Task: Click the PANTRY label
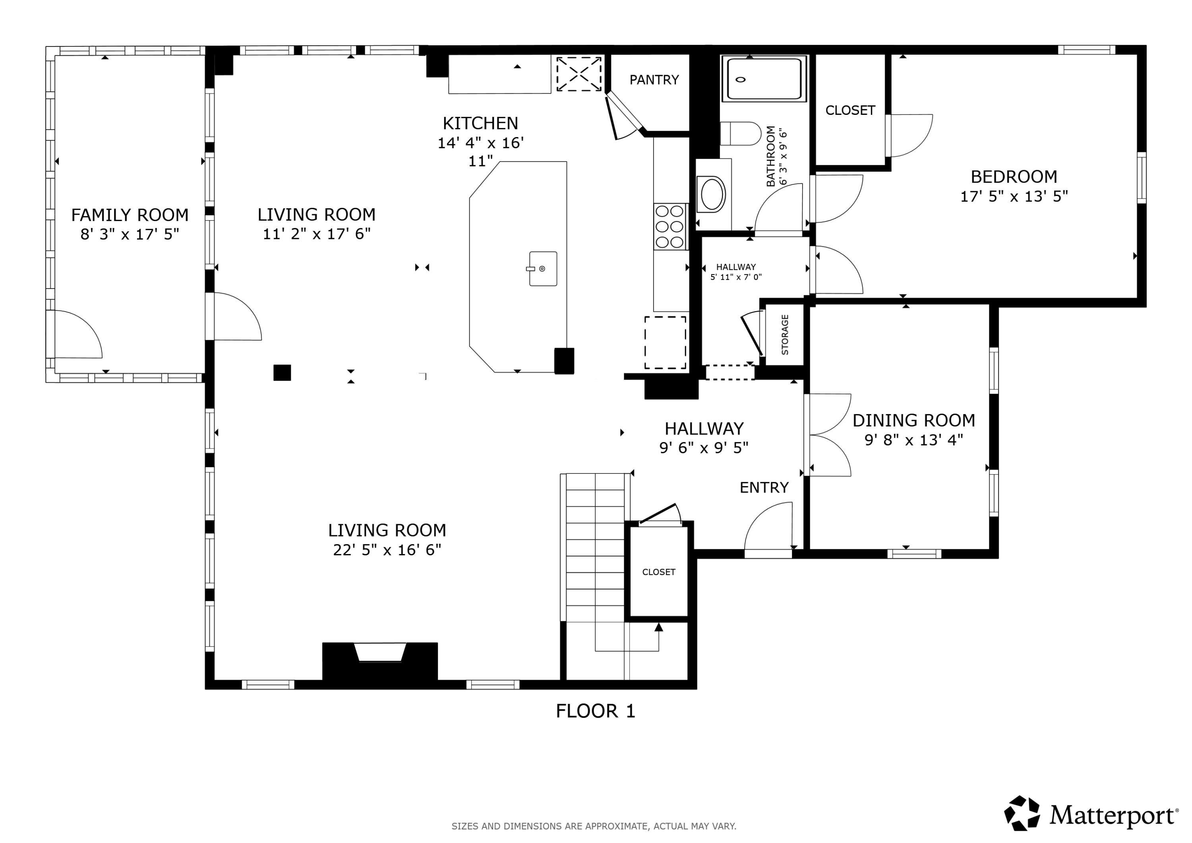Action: pos(654,79)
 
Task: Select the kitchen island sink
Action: pos(542,269)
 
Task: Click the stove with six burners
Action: pos(670,227)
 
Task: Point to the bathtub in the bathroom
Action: pos(764,78)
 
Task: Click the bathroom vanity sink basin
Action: pos(713,194)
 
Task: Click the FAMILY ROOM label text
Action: pos(130,215)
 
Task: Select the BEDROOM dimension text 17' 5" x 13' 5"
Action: pos(1014,196)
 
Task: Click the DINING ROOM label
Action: pos(914,420)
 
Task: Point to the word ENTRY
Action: pos(764,487)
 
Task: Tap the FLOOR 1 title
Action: pos(596,711)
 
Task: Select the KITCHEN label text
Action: pos(480,123)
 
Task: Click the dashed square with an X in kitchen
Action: pos(579,74)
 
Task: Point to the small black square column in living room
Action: pos(282,372)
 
